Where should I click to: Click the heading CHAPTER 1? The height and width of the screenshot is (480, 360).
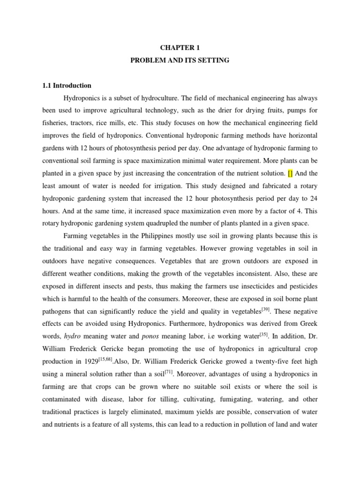pyautogui.click(x=180, y=47)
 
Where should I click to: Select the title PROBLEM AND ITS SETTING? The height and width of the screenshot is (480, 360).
pyautogui.click(x=180, y=61)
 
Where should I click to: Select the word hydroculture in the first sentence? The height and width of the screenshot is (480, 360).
pyautogui.click(x=158, y=98)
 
